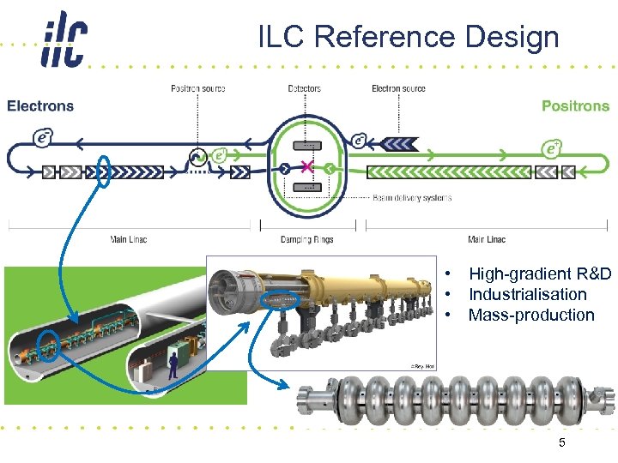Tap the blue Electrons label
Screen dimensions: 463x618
[x=40, y=106]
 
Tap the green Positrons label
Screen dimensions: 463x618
[x=575, y=106]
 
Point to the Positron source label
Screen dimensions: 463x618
[x=197, y=88]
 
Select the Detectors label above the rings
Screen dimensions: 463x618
[x=305, y=88]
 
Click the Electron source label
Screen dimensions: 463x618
[x=398, y=88]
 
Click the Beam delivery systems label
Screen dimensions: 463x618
[x=412, y=197]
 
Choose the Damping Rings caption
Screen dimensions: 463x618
[x=305, y=239]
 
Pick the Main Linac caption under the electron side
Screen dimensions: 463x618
[x=129, y=239]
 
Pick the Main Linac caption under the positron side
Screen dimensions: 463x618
[x=487, y=239]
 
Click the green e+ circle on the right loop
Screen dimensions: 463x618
[x=552, y=149]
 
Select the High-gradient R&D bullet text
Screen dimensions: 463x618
[x=539, y=274]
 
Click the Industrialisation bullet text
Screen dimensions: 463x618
[x=527, y=294]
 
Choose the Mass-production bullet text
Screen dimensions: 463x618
[x=530, y=315]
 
